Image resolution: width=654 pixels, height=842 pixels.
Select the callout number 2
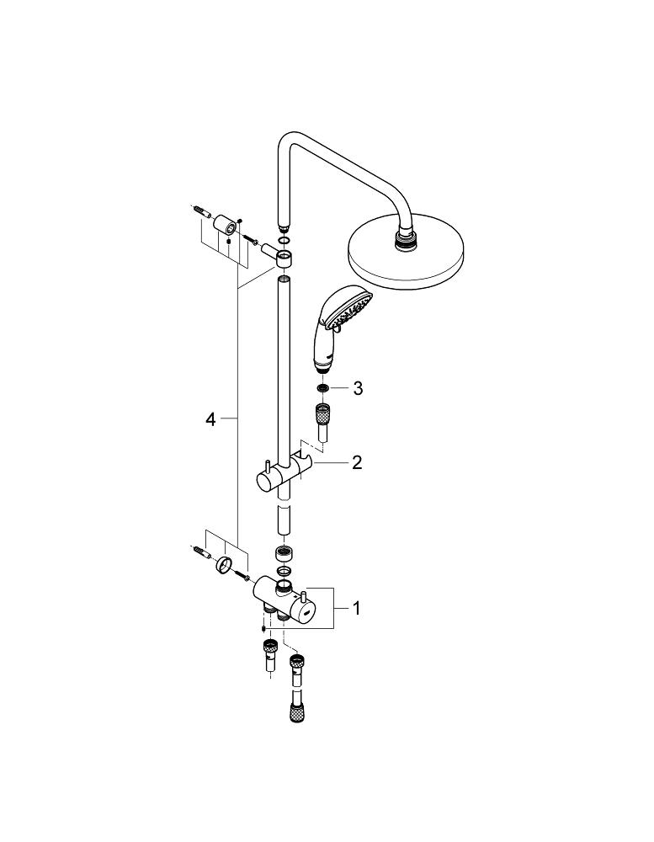coord(357,462)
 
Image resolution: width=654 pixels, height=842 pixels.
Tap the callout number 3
coord(358,387)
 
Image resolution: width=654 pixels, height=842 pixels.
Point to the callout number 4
coord(211,418)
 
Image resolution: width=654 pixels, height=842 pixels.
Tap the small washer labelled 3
coord(322,388)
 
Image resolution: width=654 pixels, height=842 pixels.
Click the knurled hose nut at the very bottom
coord(295,715)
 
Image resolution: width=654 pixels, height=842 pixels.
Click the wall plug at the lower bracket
coord(202,554)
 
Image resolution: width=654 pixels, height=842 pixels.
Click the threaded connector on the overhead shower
coord(407,241)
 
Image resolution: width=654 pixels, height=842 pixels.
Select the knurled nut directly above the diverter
coord(284,554)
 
